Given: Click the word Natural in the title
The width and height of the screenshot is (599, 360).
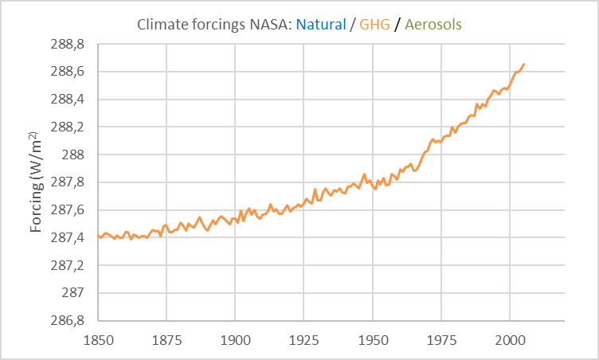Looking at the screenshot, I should click(x=322, y=25).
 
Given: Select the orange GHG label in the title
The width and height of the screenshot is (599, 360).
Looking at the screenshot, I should click(x=374, y=25).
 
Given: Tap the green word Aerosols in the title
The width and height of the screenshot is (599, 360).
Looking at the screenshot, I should click(x=433, y=25).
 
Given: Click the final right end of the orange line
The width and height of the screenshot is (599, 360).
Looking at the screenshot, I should click(x=523, y=64).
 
